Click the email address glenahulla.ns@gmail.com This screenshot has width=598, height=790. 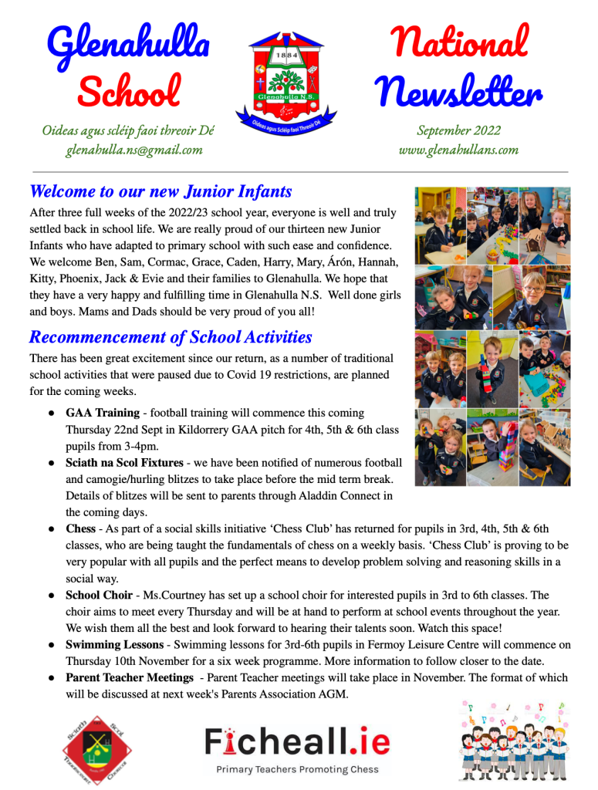click(x=133, y=150)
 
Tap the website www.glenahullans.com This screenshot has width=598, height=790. click(x=458, y=150)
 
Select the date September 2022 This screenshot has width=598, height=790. click(x=458, y=130)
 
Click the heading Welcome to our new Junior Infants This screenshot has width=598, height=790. click(x=160, y=191)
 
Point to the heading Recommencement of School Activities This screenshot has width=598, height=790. click(x=171, y=337)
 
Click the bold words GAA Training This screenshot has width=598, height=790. click(x=103, y=413)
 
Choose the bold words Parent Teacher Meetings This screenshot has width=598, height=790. click(x=129, y=677)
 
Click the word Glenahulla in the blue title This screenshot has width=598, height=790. click(x=128, y=44)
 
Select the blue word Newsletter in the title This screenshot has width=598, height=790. click(x=458, y=94)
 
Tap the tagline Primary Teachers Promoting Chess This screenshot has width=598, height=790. click(x=297, y=769)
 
